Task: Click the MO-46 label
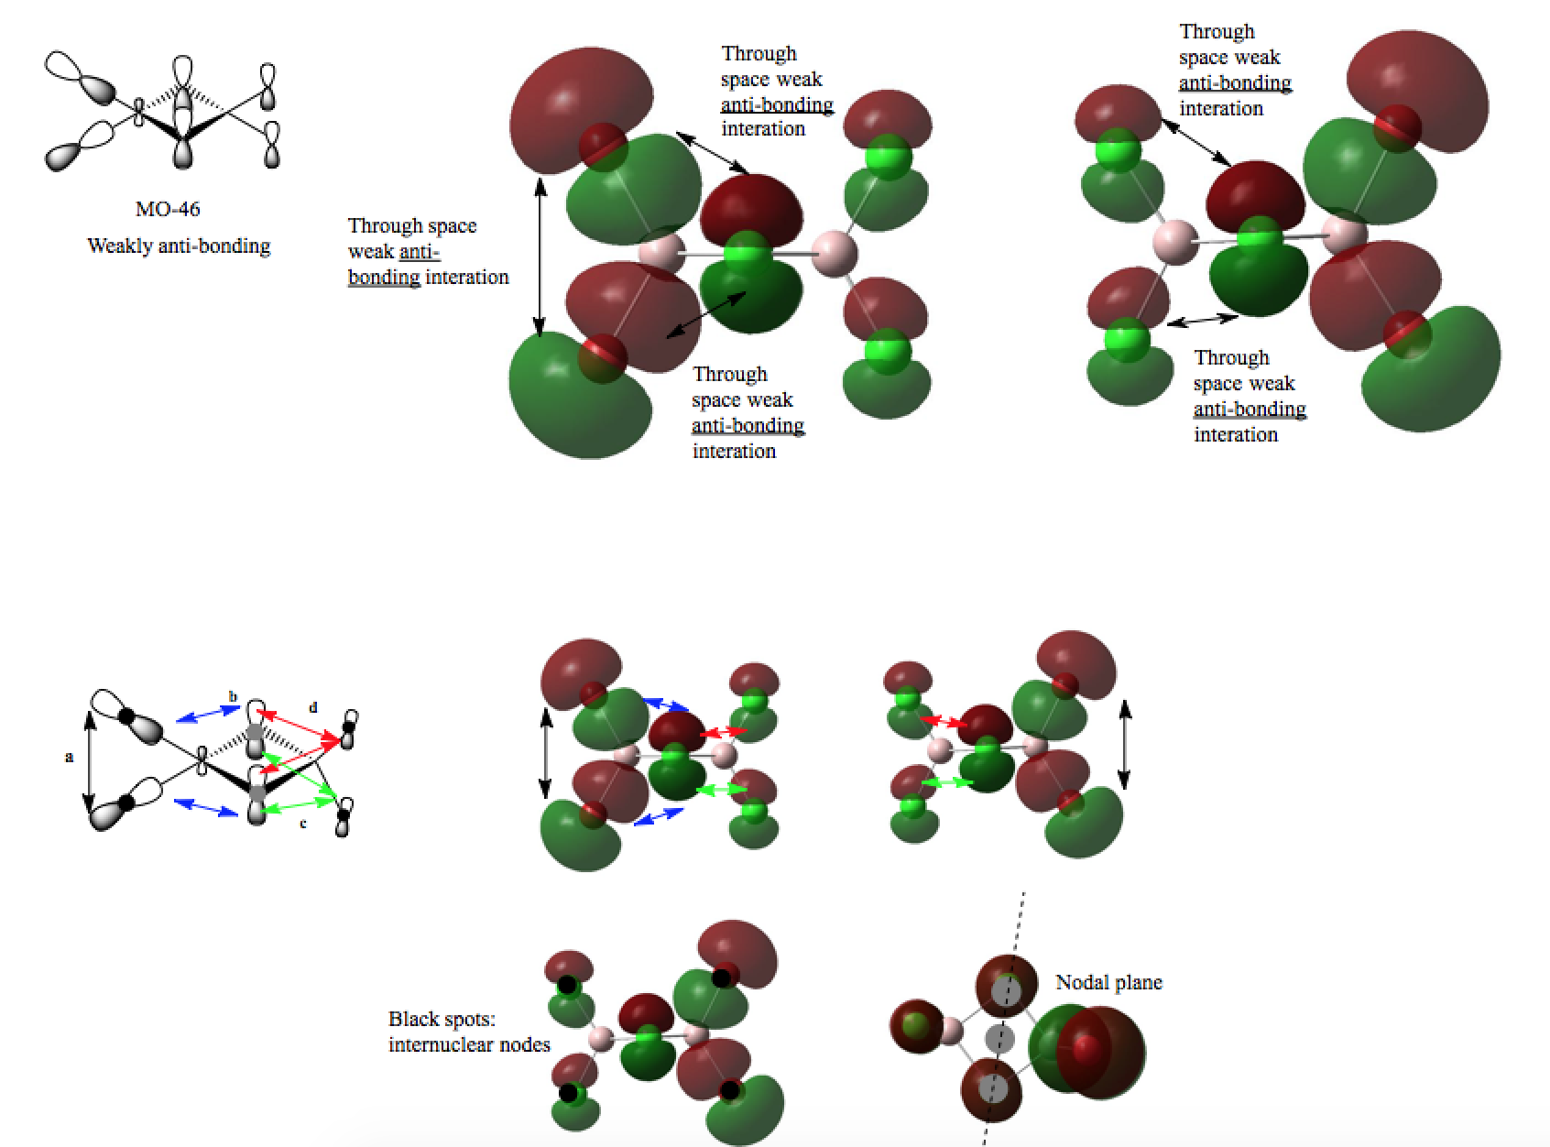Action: pos(168,209)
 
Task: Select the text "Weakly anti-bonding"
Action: pos(179,246)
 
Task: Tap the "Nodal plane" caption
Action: pos(1108,982)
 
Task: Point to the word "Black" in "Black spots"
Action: pos(411,1019)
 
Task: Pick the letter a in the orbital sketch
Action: pos(70,757)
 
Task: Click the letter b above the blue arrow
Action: pos(233,696)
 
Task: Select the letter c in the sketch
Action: pos(303,824)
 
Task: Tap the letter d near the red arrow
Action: pos(313,707)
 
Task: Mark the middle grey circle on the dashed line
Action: pos(999,1039)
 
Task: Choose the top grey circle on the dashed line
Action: pos(1007,990)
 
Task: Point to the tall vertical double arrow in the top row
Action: pos(540,257)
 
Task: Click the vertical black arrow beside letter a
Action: pos(89,762)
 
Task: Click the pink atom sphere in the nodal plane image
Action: pos(950,1031)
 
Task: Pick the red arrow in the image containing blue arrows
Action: pos(723,732)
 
